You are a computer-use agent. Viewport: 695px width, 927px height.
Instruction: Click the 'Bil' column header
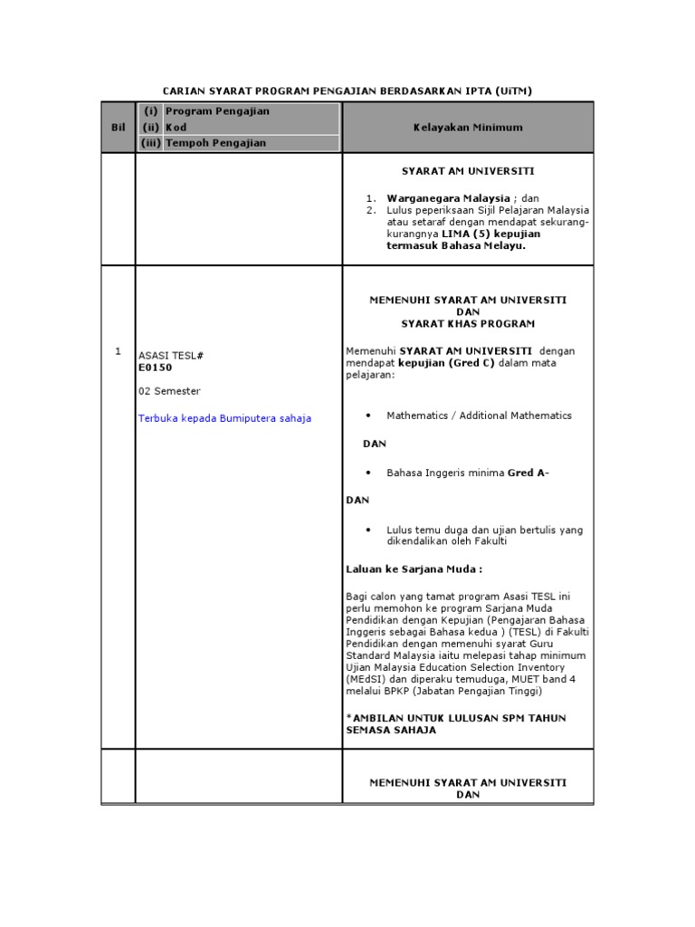coord(118,128)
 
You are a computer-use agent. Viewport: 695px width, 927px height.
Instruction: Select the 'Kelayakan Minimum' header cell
coord(468,128)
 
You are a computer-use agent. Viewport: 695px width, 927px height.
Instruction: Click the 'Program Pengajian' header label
coord(217,111)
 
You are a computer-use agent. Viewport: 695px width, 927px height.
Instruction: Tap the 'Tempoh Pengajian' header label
coord(215,143)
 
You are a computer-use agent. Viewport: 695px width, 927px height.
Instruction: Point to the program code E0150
coord(155,368)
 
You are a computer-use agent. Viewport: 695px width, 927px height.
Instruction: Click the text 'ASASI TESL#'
coord(171,356)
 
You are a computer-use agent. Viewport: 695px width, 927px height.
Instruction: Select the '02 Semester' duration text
coord(169,391)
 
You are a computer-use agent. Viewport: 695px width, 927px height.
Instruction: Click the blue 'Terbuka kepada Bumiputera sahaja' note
coord(224,418)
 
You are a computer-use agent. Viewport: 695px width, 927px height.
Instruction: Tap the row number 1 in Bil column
coord(119,351)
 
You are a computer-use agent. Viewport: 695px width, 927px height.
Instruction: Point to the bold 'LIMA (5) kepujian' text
coord(480,233)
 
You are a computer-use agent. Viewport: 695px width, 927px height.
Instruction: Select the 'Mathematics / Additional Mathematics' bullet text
coord(479,416)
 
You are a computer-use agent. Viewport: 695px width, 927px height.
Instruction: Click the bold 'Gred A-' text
coord(528,473)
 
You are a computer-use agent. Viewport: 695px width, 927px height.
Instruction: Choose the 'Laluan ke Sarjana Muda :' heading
coord(414,569)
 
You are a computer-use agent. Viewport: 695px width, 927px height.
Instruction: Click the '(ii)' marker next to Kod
coord(151,128)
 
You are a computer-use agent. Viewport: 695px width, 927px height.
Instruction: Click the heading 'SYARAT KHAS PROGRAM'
coord(468,323)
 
